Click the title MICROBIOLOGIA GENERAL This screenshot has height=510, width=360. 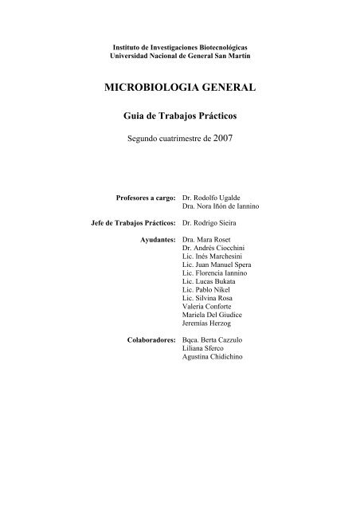tap(179, 88)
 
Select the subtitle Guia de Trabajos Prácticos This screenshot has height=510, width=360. tap(179, 116)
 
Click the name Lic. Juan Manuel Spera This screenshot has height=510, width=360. tap(221, 268)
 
